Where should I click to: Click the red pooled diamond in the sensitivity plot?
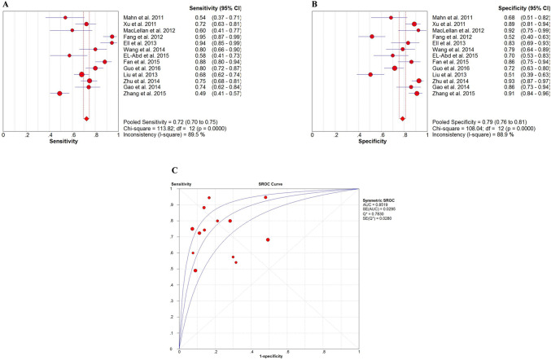(x=86, y=119)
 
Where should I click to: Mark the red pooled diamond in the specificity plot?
(x=402, y=119)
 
